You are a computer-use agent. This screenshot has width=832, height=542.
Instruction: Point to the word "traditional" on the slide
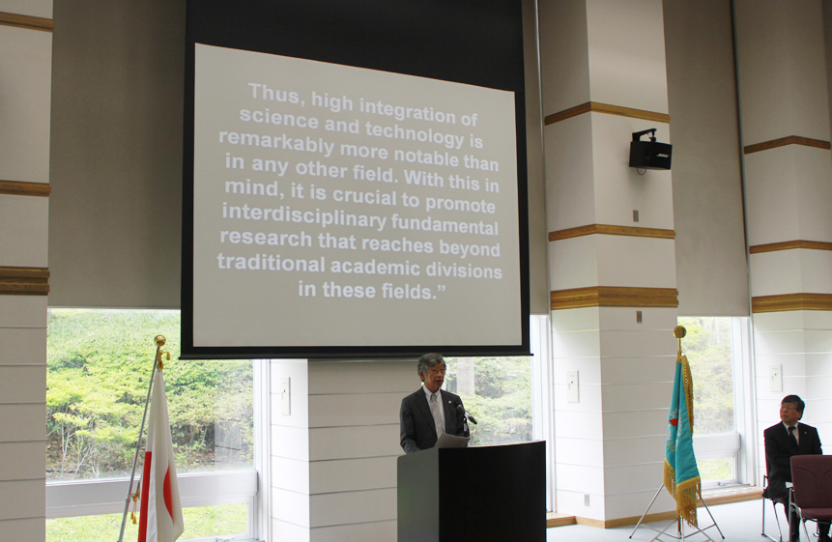tap(271, 264)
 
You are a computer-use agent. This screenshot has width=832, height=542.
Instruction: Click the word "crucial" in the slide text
tap(364, 196)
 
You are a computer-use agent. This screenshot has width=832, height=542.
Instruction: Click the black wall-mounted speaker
tap(650, 152)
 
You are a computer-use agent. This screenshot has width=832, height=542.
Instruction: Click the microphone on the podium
tap(467, 414)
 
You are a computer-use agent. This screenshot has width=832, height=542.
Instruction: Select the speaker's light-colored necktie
tap(437, 413)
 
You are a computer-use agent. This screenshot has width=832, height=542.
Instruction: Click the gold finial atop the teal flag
tap(679, 333)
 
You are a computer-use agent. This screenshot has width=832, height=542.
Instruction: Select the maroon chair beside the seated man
tap(810, 491)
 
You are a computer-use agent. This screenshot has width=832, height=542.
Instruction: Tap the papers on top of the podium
tap(451, 441)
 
